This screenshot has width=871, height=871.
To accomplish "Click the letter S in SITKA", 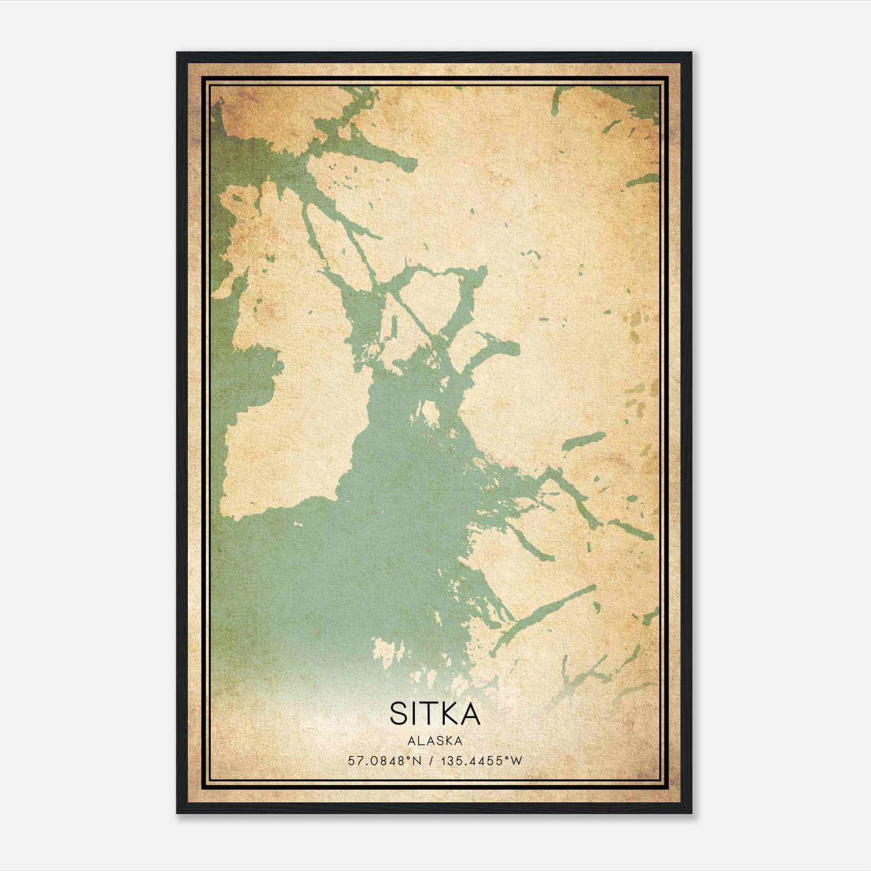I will [399, 714].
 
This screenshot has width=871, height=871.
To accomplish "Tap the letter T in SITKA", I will [430, 714].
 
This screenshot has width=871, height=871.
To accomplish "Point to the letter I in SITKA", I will [415, 714].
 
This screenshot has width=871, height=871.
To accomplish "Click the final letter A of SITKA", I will [470, 714].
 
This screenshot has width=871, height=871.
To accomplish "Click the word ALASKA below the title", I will [435, 741].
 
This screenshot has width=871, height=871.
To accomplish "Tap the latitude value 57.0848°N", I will [385, 761].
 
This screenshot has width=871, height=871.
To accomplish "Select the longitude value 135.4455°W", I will [481, 761].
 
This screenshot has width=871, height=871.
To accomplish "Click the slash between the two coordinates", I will [431, 761].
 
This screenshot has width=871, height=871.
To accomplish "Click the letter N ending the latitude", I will [418, 761].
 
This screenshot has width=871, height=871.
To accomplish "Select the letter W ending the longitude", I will [517, 761].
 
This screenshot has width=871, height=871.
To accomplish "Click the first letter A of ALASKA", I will [411, 741].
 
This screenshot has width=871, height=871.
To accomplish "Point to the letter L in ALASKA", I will [420, 741].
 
